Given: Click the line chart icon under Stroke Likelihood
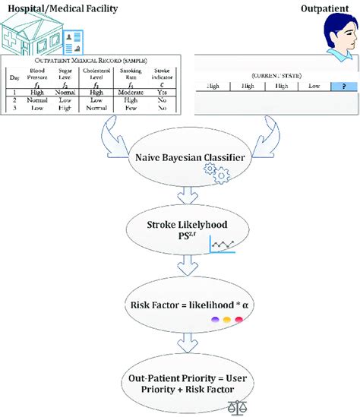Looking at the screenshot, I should pos(223,245).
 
